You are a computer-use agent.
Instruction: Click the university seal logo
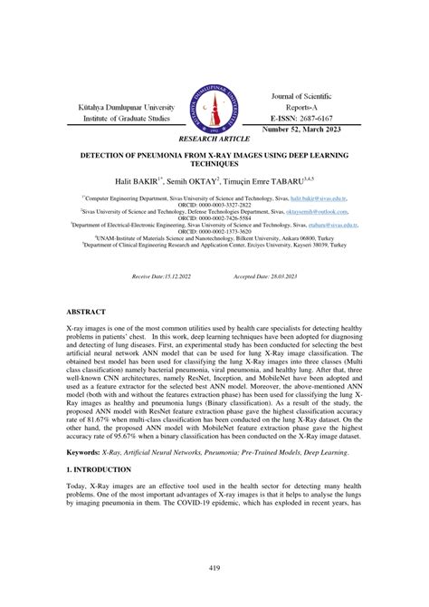point(214,109)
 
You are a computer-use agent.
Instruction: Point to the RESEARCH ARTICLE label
point(214,140)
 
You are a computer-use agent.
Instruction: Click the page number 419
point(214,568)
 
